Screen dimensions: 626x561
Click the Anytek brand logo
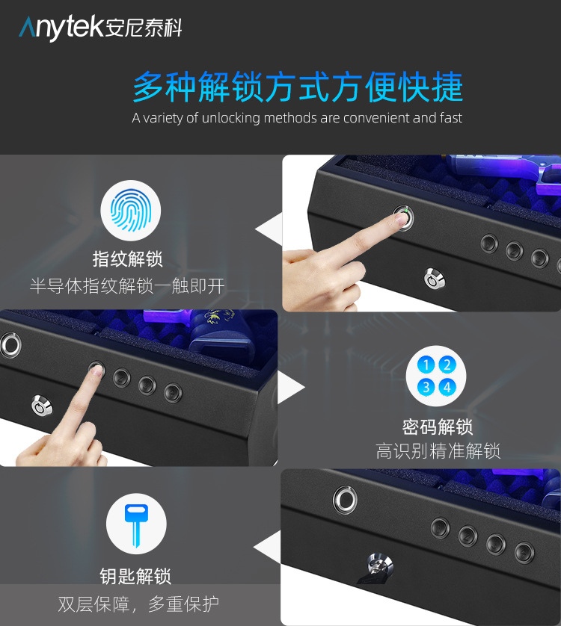click(100, 28)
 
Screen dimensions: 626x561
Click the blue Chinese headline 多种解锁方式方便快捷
click(298, 87)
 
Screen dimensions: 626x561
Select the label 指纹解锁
click(127, 258)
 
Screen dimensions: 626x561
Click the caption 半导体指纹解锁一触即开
click(127, 285)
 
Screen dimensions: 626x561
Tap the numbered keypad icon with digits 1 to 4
click(436, 376)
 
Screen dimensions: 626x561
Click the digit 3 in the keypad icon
click(426, 387)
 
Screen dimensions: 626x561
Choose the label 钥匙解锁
click(135, 576)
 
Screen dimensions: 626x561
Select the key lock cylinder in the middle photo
click(39, 407)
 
